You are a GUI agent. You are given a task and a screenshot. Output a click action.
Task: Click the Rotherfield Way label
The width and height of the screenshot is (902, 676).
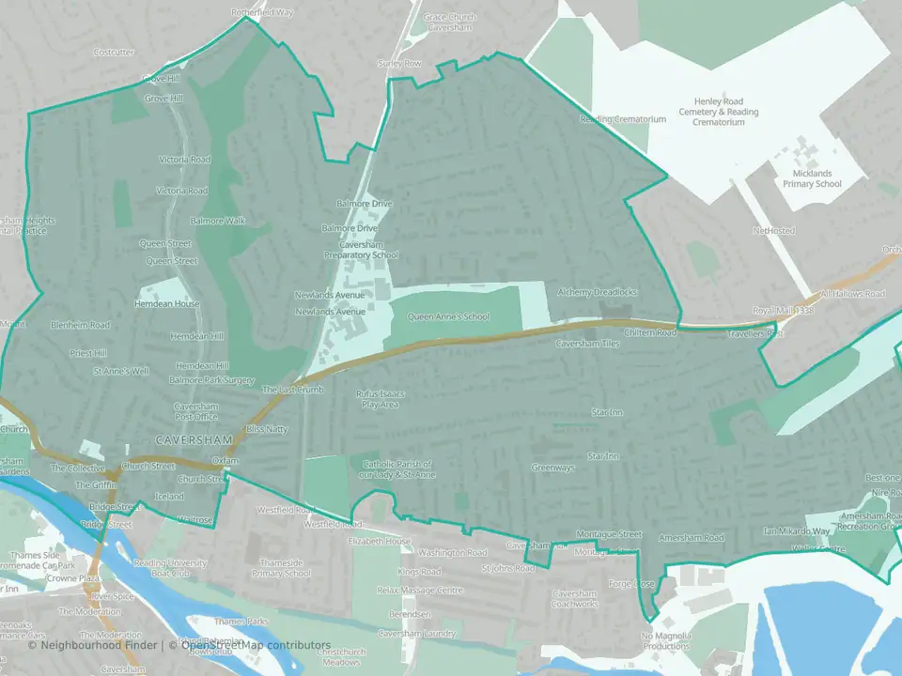pos(262,13)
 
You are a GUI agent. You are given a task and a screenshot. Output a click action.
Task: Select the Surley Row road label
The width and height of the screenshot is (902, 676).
pos(399,63)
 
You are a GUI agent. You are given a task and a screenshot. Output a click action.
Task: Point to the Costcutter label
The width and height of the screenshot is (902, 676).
pos(115,53)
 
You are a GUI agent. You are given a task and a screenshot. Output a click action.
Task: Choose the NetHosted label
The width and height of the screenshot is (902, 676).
pos(773,230)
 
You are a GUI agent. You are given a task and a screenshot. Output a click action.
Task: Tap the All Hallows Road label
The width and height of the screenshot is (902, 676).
pos(853,294)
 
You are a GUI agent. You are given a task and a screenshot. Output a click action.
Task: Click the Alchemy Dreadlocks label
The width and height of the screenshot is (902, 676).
pos(597,292)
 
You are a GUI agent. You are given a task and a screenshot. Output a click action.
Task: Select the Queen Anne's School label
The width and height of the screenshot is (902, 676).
pos(448,317)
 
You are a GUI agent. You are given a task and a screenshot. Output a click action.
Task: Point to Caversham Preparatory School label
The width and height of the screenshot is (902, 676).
pos(362,249)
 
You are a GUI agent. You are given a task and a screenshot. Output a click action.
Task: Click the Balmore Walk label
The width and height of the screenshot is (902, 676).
pos(217,222)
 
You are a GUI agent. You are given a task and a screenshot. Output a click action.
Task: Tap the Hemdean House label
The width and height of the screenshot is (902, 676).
pos(173,304)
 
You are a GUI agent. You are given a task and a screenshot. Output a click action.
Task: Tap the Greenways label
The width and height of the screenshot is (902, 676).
pos(552,468)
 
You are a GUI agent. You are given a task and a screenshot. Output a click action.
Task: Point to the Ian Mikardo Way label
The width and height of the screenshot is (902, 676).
pos(797,531)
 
